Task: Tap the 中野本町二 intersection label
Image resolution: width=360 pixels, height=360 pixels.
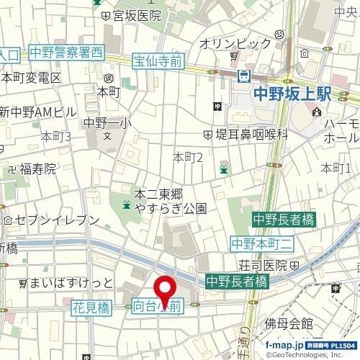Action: [x=261, y=243]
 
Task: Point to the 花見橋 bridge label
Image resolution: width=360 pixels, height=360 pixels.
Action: [x=90, y=307]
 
